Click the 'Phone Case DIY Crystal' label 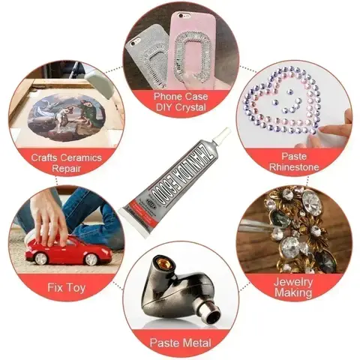[180, 101]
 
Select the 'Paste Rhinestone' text [295, 160]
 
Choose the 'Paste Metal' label [180, 343]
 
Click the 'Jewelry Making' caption [293, 287]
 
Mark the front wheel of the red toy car [89, 259]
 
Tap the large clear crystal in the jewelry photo [308, 202]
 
